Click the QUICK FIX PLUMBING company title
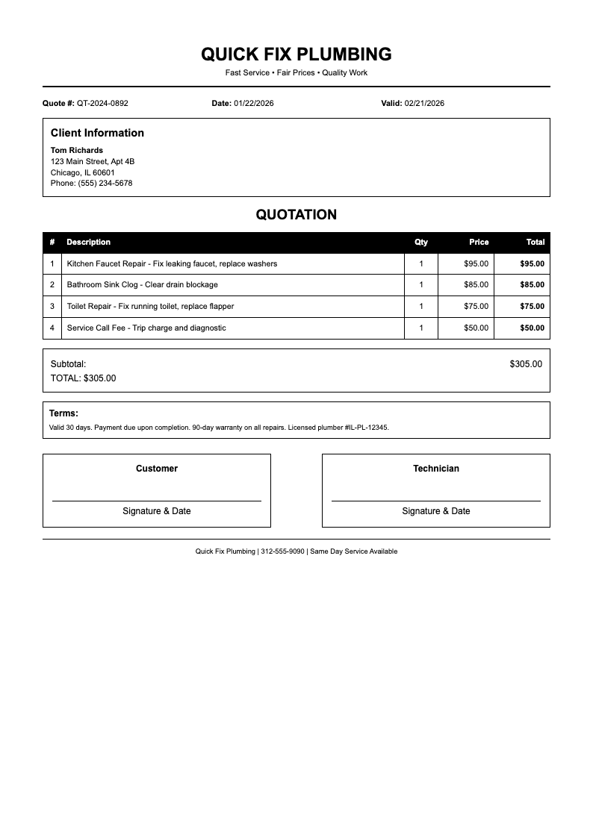[x=296, y=54]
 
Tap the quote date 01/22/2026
[x=253, y=103]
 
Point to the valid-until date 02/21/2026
[x=424, y=103]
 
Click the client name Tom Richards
[x=77, y=150]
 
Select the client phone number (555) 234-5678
[x=105, y=183]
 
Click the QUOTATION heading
[x=296, y=215]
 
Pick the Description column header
[x=88, y=242]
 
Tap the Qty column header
[x=421, y=242]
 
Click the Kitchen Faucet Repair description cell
[x=172, y=263]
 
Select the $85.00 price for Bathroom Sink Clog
[x=476, y=284]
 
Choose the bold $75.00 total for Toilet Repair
[x=532, y=306]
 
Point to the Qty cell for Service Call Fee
[x=421, y=328]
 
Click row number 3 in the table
[x=52, y=306]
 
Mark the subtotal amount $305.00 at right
[x=526, y=364]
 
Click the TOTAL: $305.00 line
[x=84, y=378]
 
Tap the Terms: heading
[x=63, y=413]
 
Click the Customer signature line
[x=157, y=500]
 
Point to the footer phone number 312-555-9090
[x=282, y=551]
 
